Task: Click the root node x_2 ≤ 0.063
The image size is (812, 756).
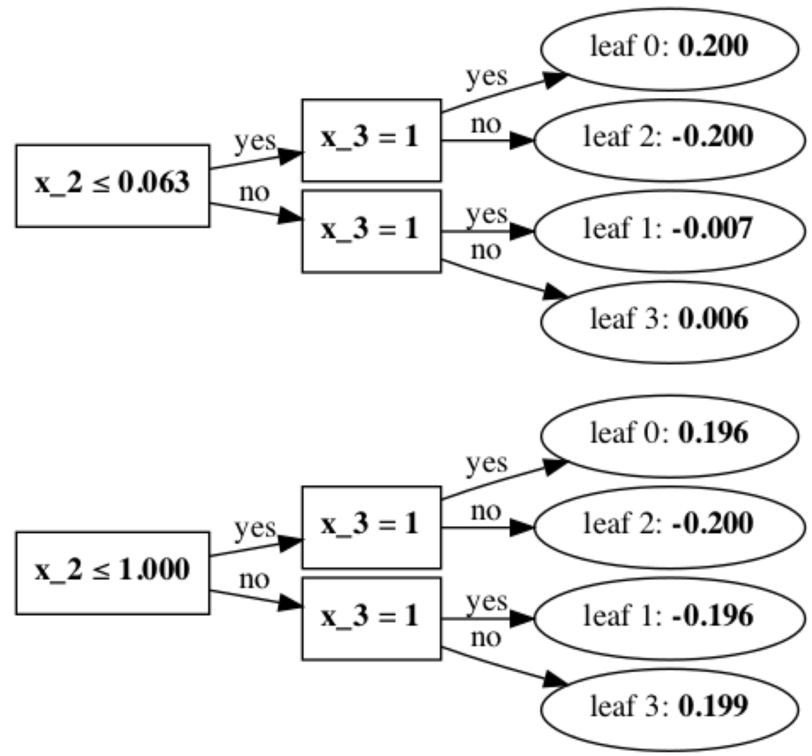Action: pyautogui.click(x=112, y=185)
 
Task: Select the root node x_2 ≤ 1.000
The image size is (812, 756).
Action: pyautogui.click(x=112, y=572)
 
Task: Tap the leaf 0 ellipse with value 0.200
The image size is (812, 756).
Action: pyautogui.click(x=669, y=48)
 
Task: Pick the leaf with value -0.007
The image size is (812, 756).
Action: pyautogui.click(x=669, y=231)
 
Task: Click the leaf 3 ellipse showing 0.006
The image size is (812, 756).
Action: pyautogui.click(x=669, y=322)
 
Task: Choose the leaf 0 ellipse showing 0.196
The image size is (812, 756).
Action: pyautogui.click(x=669, y=436)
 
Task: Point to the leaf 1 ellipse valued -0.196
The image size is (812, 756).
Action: pyautogui.click(x=669, y=618)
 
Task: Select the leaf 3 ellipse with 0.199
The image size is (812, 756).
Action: pyautogui.click(x=669, y=709)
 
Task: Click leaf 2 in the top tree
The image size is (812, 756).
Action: pyautogui.click(x=669, y=140)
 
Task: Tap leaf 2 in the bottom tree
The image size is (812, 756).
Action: pyautogui.click(x=669, y=527)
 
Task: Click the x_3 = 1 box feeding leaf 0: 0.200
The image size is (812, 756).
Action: pyautogui.click(x=371, y=140)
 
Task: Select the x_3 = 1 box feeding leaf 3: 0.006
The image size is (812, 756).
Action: pyautogui.click(x=371, y=231)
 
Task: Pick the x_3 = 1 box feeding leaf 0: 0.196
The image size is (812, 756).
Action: pyautogui.click(x=371, y=527)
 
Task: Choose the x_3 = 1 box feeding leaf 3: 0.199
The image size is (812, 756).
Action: pyautogui.click(x=371, y=618)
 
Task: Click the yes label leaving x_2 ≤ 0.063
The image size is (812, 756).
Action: pyautogui.click(x=255, y=142)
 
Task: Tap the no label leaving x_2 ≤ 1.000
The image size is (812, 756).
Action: pyautogui.click(x=254, y=579)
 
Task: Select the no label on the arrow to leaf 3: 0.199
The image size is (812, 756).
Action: pyautogui.click(x=485, y=638)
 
